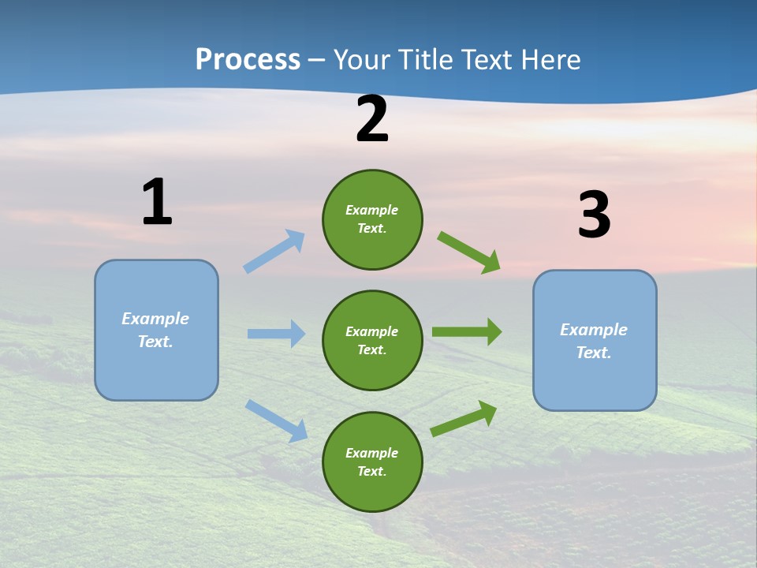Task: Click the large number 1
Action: pyautogui.click(x=157, y=203)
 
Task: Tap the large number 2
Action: pyautogui.click(x=372, y=120)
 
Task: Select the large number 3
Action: pyautogui.click(x=594, y=216)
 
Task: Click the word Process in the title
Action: pyautogui.click(x=248, y=59)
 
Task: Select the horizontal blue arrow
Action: pyautogui.click(x=276, y=334)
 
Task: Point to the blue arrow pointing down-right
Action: pyautogui.click(x=277, y=420)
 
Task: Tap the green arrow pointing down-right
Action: pyautogui.click(x=469, y=252)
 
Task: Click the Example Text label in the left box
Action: pyautogui.click(x=155, y=330)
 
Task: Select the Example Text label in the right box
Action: pyautogui.click(x=594, y=341)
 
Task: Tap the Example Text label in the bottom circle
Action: pyautogui.click(x=371, y=461)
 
